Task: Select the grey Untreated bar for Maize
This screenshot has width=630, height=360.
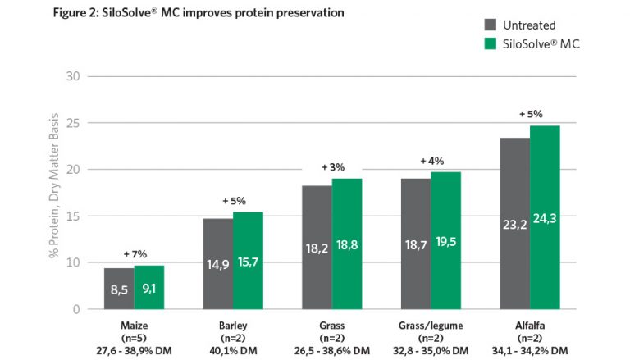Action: click(119, 289)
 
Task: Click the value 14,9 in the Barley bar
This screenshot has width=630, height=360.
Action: click(217, 265)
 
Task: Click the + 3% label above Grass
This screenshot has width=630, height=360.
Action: click(332, 167)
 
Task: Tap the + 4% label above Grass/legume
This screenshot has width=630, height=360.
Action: click(431, 161)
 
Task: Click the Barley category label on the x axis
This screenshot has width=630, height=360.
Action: click(233, 326)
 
